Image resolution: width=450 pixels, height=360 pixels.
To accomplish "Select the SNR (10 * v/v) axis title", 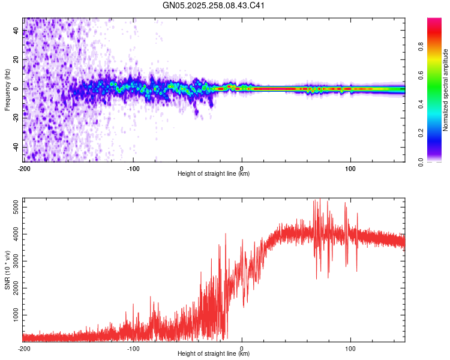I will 7,270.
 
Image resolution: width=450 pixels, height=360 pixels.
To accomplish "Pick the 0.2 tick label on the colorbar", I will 421,133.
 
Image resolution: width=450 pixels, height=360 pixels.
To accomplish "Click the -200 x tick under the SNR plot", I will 24,348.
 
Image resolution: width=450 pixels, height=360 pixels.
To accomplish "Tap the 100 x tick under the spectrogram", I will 350,168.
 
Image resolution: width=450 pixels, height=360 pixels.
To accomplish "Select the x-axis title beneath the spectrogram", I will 214,174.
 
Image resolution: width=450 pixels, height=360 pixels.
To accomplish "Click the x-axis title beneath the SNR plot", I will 214,354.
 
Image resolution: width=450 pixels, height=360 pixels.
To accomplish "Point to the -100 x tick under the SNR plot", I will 133,348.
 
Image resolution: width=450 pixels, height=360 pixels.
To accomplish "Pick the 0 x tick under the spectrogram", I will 242,168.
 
